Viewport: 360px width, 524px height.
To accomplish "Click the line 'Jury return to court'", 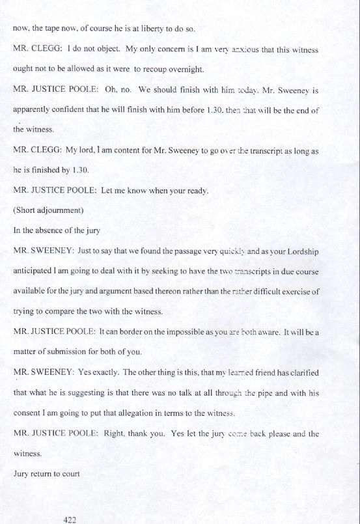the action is pos(46,474).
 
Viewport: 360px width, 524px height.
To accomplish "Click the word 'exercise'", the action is pos(297,292).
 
